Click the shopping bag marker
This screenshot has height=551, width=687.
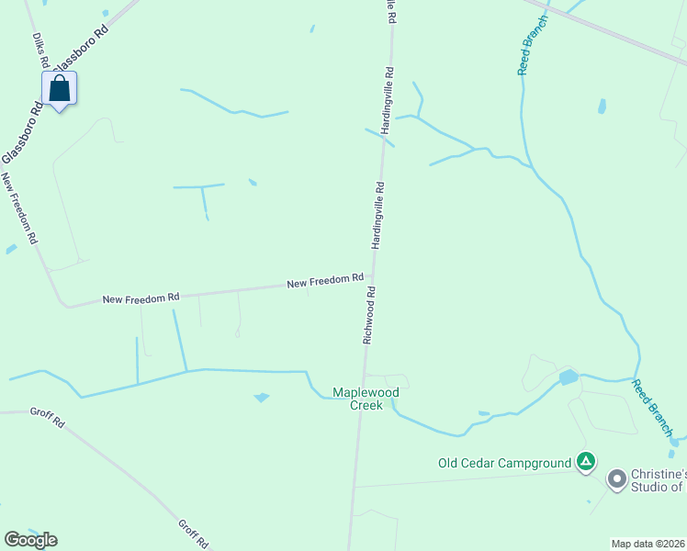[60, 89]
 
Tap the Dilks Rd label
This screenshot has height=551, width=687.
[40, 51]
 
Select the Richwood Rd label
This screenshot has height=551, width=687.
[369, 316]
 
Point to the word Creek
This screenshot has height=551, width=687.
[366, 405]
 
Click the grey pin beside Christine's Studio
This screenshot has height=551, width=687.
[615, 478]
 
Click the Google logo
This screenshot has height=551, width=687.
[30, 539]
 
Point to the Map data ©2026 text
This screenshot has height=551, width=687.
[648, 543]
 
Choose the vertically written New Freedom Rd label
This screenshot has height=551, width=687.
[19, 208]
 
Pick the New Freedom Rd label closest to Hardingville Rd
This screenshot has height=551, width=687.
[325, 280]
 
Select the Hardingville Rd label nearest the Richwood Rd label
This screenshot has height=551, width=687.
[377, 216]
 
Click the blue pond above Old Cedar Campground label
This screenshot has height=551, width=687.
[568, 377]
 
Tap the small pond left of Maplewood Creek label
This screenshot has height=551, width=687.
[263, 398]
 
